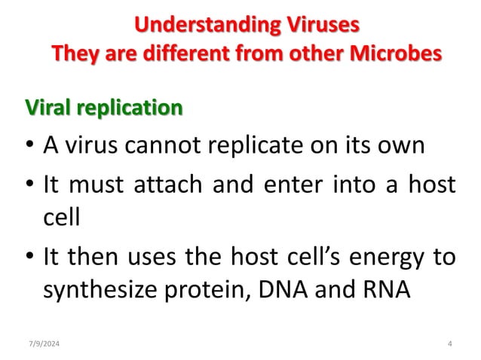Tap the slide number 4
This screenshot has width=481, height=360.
click(449, 343)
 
